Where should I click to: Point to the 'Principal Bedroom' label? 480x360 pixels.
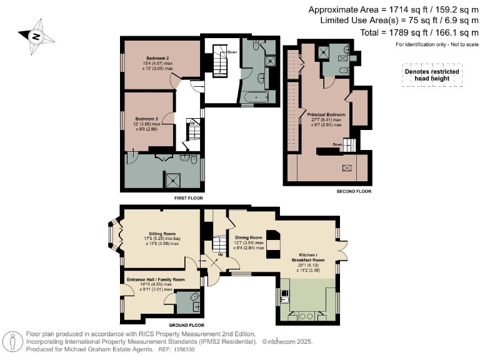point(326,115)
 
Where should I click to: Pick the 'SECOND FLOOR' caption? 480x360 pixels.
point(354,191)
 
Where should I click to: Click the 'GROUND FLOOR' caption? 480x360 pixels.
point(187,326)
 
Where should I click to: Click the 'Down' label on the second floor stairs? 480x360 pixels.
point(338,144)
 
